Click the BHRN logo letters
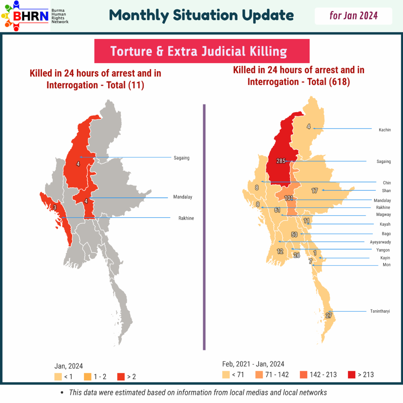[31, 16]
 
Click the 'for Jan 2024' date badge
[353, 16]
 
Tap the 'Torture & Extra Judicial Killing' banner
[202, 51]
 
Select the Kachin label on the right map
[385, 130]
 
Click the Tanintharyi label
[380, 311]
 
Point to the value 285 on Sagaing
[281, 161]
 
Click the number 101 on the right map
[288, 198]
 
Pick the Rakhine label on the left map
[186, 218]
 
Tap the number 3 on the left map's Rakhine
[55, 207]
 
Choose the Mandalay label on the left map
[183, 197]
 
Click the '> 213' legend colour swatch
[352, 374]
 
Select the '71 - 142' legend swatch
[259, 374]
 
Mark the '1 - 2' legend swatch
[88, 377]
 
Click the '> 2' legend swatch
[121, 377]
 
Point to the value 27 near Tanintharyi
[328, 315]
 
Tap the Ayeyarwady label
[380, 242]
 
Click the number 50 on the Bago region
[294, 234]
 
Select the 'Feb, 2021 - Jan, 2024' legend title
[253, 364]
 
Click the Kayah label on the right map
[385, 224]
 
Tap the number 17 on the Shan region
[314, 190]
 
